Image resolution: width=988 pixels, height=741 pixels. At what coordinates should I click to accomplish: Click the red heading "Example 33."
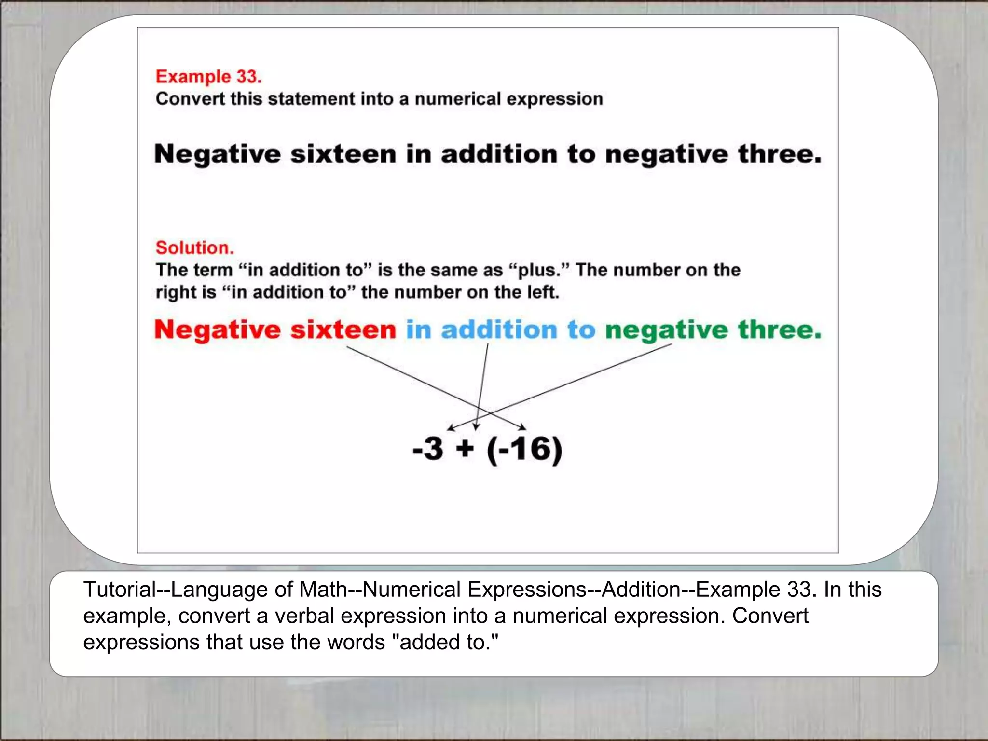pyautogui.click(x=208, y=77)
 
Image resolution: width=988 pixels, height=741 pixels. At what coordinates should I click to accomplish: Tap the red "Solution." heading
pyautogui.click(x=194, y=247)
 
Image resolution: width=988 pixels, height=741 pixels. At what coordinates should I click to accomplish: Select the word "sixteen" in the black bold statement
pyautogui.click(x=343, y=154)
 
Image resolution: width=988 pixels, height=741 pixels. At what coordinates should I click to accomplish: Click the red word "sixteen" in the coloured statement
pyautogui.click(x=343, y=330)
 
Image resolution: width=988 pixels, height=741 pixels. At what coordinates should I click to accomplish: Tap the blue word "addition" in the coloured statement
pyautogui.click(x=499, y=330)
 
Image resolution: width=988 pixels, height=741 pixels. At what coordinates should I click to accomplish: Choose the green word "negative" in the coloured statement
pyautogui.click(x=666, y=331)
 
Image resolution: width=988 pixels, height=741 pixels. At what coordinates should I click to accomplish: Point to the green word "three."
pyautogui.click(x=779, y=330)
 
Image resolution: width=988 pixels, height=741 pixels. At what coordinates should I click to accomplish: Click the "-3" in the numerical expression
pyautogui.click(x=428, y=449)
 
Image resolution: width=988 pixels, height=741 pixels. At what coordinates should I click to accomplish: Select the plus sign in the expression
pyautogui.click(x=465, y=449)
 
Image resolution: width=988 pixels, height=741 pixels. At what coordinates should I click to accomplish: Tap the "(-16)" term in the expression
pyautogui.click(x=524, y=450)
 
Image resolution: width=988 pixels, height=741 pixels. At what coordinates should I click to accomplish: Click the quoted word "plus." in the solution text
pyautogui.click(x=540, y=271)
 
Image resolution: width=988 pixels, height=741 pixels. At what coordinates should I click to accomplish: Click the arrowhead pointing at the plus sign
pyautogui.click(x=476, y=427)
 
